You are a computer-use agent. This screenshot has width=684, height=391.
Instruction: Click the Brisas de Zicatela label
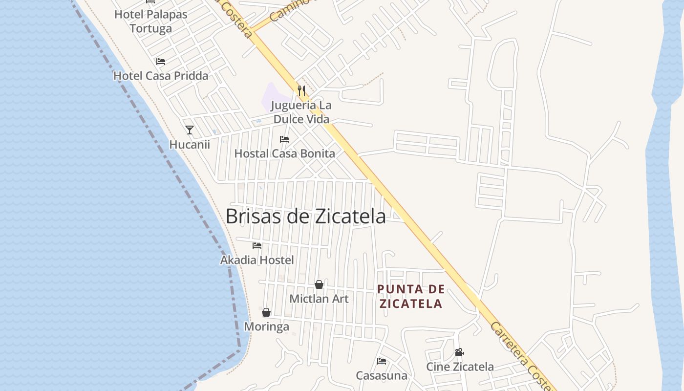(x=305, y=216)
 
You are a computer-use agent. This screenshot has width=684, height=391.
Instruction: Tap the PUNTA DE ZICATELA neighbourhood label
(x=411, y=296)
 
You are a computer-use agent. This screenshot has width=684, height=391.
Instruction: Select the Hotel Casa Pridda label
(x=161, y=76)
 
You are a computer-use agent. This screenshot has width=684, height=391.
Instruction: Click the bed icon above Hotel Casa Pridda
(x=161, y=62)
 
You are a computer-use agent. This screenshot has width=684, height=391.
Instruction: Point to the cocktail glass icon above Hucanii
(x=190, y=130)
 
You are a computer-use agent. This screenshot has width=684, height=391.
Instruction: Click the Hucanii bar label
(x=190, y=145)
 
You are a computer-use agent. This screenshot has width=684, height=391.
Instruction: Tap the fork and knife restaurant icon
(x=301, y=91)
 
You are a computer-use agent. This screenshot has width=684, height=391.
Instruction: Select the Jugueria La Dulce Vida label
(x=301, y=112)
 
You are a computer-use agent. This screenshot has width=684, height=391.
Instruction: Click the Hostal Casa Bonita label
(x=285, y=153)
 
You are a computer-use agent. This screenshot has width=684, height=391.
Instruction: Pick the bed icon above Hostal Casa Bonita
(x=284, y=139)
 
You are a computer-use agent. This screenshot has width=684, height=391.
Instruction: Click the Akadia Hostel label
(x=257, y=260)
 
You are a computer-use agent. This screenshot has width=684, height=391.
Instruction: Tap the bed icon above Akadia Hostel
(x=257, y=246)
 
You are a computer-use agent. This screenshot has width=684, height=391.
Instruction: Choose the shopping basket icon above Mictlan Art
(x=319, y=284)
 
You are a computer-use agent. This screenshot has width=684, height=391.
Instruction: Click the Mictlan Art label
(x=319, y=299)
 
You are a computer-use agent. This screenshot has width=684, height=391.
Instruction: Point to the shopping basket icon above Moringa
(x=266, y=312)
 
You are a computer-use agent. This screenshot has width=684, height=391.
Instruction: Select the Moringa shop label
(x=266, y=326)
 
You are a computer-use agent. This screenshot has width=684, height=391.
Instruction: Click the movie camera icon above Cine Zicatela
(x=459, y=352)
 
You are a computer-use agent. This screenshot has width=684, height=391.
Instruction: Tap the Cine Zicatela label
(x=460, y=367)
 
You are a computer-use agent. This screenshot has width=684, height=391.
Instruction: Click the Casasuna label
(x=382, y=375)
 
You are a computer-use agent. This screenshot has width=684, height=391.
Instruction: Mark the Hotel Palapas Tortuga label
(x=151, y=22)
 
